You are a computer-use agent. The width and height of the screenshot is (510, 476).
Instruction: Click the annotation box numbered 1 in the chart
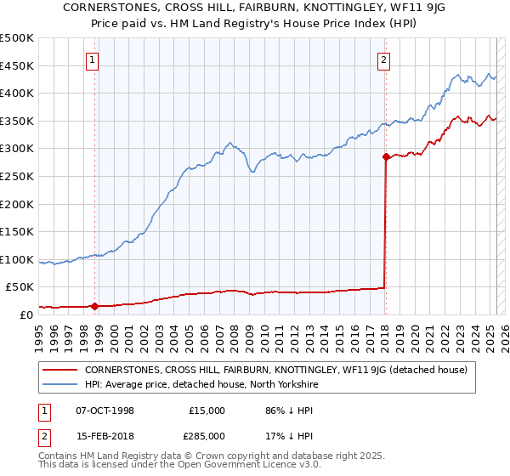pyautogui.click(x=92, y=59)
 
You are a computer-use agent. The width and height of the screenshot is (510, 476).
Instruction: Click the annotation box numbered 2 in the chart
pyautogui.click(x=384, y=59)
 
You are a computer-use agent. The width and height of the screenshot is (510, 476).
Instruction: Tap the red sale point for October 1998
pyautogui.click(x=95, y=306)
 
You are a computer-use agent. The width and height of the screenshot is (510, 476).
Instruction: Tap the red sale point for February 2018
pyautogui.click(x=386, y=156)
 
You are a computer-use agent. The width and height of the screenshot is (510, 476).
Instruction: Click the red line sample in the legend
pyautogui.click(x=59, y=370)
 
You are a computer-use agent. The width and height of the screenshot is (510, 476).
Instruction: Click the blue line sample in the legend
pyautogui.click(x=59, y=384)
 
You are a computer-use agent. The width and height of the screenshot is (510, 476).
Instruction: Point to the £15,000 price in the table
pyautogui.click(x=207, y=411)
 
